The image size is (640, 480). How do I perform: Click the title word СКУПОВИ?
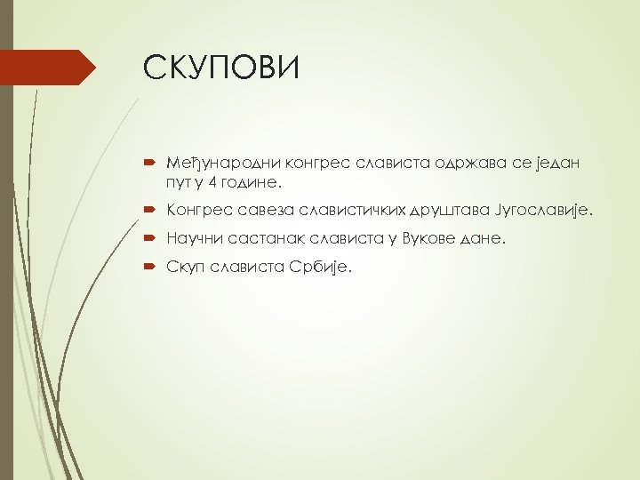coord(221,68)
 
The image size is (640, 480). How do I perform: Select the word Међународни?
coord(210,163)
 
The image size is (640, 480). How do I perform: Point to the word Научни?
coord(186,238)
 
